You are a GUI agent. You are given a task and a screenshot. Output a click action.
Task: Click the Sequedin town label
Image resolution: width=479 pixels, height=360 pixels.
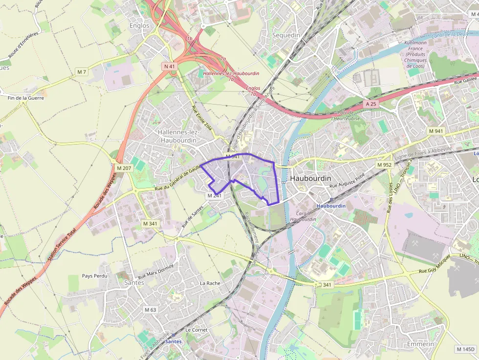click(286, 35)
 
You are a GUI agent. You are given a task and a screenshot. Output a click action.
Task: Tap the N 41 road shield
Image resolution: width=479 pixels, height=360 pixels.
click(170, 66)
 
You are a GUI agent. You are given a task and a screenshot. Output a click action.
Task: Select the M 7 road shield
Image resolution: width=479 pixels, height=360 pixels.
click(82, 72)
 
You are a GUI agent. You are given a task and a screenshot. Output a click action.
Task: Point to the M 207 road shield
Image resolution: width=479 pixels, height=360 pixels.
click(124, 168)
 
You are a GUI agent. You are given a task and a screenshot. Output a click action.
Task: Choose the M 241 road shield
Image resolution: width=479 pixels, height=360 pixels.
click(215, 195)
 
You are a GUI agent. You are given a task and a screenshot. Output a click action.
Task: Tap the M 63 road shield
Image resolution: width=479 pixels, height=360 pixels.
click(150, 310)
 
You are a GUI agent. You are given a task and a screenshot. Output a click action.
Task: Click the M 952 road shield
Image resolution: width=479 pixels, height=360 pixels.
click(384, 165)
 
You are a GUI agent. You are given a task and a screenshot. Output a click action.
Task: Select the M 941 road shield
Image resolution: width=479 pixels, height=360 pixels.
click(435, 131)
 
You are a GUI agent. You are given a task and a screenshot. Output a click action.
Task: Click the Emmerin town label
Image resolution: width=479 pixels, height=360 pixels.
click(420, 344)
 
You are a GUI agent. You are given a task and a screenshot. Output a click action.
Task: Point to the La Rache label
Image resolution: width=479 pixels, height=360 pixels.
click(210, 283)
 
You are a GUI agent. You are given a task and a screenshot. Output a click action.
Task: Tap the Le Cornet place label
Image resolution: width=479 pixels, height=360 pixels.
click(196, 330)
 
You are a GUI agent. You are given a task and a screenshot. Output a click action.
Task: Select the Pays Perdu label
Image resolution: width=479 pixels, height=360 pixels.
click(95, 275)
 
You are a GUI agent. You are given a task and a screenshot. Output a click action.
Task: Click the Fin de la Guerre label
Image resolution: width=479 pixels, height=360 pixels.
click(26, 98)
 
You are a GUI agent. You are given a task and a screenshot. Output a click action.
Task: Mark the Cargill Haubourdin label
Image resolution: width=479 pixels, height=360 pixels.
click(306, 216)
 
